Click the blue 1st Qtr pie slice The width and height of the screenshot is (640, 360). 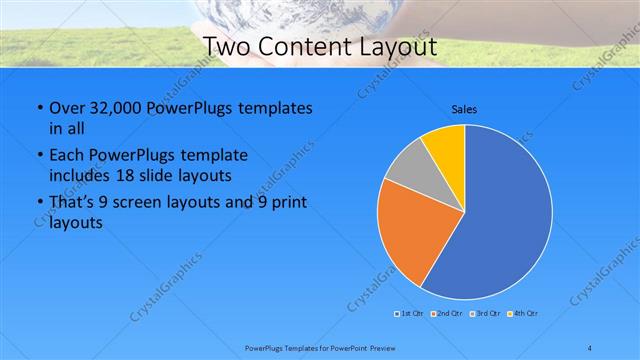[505, 220]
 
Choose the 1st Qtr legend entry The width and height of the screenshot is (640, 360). [410, 314]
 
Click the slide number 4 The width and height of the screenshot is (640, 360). [590, 347]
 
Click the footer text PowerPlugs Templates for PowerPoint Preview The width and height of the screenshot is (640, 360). [319, 347]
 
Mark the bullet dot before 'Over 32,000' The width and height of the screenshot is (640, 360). [38, 109]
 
